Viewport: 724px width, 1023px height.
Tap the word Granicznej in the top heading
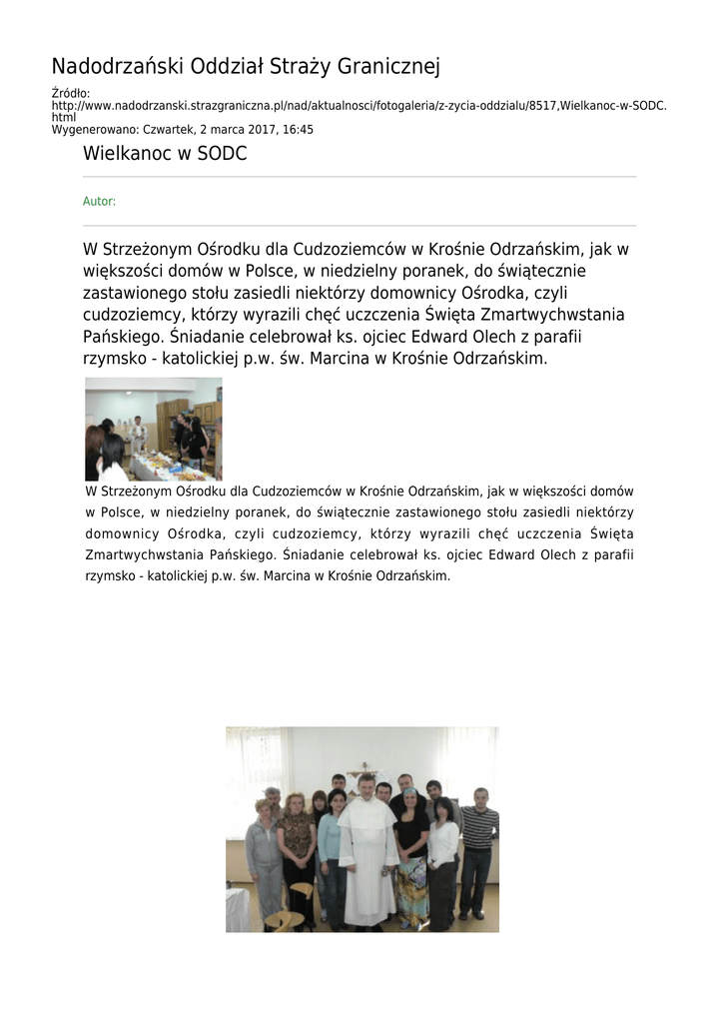pos(389,67)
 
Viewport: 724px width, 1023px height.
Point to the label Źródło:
pos(71,94)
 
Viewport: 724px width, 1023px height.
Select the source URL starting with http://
pos(359,106)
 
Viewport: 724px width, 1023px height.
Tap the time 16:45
pos(297,130)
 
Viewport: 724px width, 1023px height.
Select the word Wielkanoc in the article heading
pos(125,155)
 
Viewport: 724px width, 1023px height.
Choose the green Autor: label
pos(99,202)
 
